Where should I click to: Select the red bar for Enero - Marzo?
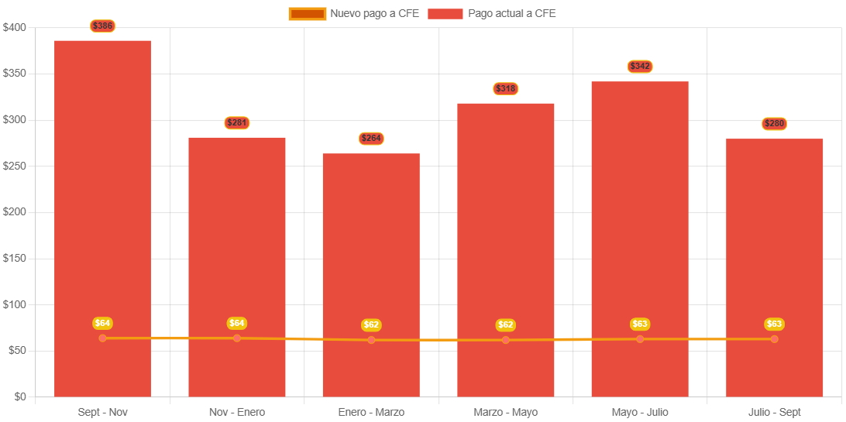[371, 248]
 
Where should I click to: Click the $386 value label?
[102, 26]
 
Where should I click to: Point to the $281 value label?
[237, 122]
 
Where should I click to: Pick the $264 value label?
[371, 139]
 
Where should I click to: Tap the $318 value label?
[506, 89]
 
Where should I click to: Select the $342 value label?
[640, 67]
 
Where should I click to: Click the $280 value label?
[774, 124]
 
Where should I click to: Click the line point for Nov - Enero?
[237, 338]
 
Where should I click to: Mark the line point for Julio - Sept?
[774, 339]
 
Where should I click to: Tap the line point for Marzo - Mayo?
[506, 340]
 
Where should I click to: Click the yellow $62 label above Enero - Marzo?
[371, 325]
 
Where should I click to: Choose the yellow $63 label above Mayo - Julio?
[640, 324]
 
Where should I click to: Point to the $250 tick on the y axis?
[14, 166]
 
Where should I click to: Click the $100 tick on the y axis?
[14, 304]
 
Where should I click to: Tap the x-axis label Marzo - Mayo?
[506, 412]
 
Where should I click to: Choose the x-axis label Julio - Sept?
[774, 412]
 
